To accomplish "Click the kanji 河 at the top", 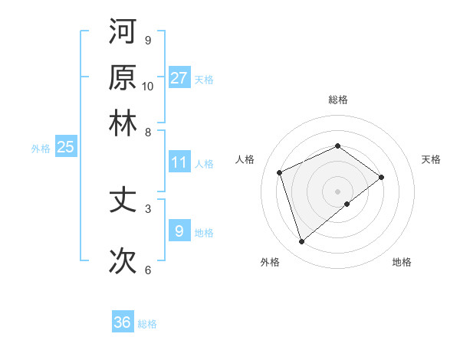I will [123, 32].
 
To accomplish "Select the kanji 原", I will [123, 77].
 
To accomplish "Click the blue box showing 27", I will [179, 77].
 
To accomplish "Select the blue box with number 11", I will [179, 162].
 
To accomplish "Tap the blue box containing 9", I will [179, 231].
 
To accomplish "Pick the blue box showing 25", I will [65, 147].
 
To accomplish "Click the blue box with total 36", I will [123, 322].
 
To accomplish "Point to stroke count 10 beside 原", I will [148, 86].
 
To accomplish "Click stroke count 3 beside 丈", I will [148, 208].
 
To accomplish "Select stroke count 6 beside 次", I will [148, 270].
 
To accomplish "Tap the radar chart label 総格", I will [337, 100].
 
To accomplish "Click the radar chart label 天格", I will [431, 159].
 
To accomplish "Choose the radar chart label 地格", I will [402, 262].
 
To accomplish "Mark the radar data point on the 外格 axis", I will [301, 242].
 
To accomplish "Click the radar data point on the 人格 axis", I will [280, 172].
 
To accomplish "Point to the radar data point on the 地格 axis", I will [347, 204].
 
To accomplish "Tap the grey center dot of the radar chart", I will [337, 191].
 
